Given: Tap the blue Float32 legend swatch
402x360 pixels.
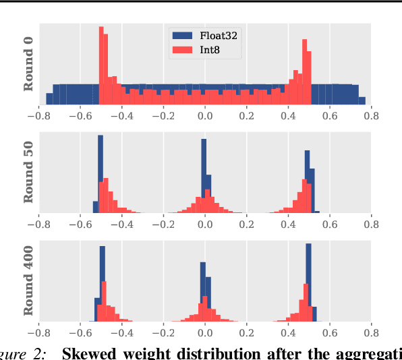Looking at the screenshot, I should pyautogui.click(x=181, y=36).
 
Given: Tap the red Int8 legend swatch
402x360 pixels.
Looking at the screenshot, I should pyautogui.click(x=181, y=49).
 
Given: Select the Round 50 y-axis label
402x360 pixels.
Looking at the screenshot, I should pyautogui.click(x=28, y=173).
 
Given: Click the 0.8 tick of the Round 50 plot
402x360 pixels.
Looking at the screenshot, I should pyautogui.click(x=370, y=225).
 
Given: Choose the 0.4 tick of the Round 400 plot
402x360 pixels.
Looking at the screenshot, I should pyautogui.click(x=288, y=332).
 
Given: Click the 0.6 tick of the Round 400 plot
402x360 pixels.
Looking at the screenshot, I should pyautogui.click(x=329, y=332).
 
